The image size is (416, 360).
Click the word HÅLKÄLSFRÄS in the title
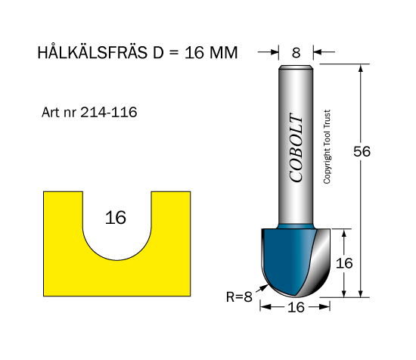click(x=92, y=51)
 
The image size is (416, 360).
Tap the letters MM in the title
click(x=224, y=52)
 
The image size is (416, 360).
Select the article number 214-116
click(x=109, y=112)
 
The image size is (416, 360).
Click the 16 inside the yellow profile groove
click(x=116, y=218)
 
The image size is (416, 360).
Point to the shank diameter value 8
click(x=296, y=52)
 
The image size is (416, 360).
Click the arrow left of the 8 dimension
click(x=268, y=52)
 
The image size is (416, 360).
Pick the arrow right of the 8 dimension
click(x=324, y=52)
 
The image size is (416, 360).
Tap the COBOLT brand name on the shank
click(x=296, y=148)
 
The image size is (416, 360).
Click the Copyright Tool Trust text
click(x=327, y=147)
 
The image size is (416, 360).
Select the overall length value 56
click(x=362, y=152)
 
